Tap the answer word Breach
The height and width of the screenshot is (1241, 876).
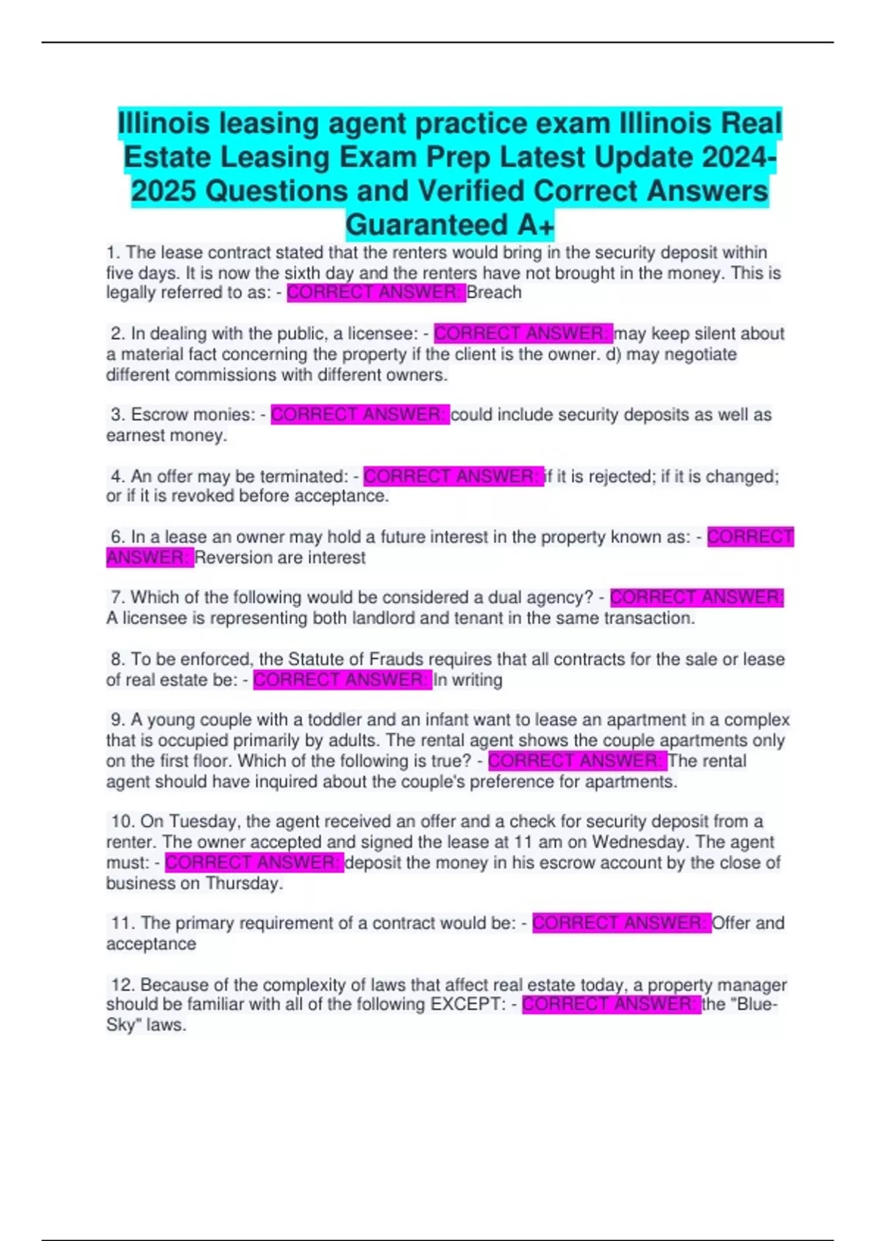tap(494, 293)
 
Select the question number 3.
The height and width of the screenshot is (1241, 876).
tap(117, 415)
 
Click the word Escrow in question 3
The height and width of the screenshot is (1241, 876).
tap(155, 415)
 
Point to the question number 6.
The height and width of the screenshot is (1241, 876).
tap(117, 537)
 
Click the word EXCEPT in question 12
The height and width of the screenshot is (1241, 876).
tap(466, 1004)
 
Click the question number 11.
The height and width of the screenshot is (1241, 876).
tap(121, 923)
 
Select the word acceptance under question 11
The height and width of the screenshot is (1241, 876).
tap(151, 944)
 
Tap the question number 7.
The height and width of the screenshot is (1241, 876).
tap(117, 598)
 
